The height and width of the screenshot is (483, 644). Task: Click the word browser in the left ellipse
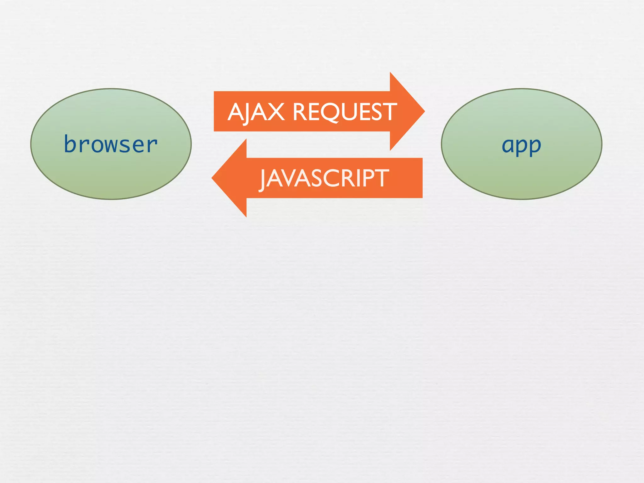pyautogui.click(x=111, y=144)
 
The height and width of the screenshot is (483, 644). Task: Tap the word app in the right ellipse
pyautogui.click(x=521, y=145)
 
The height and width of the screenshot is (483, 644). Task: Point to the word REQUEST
pyautogui.click(x=345, y=112)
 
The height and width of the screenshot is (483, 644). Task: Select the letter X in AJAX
pyautogui.click(x=275, y=112)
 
